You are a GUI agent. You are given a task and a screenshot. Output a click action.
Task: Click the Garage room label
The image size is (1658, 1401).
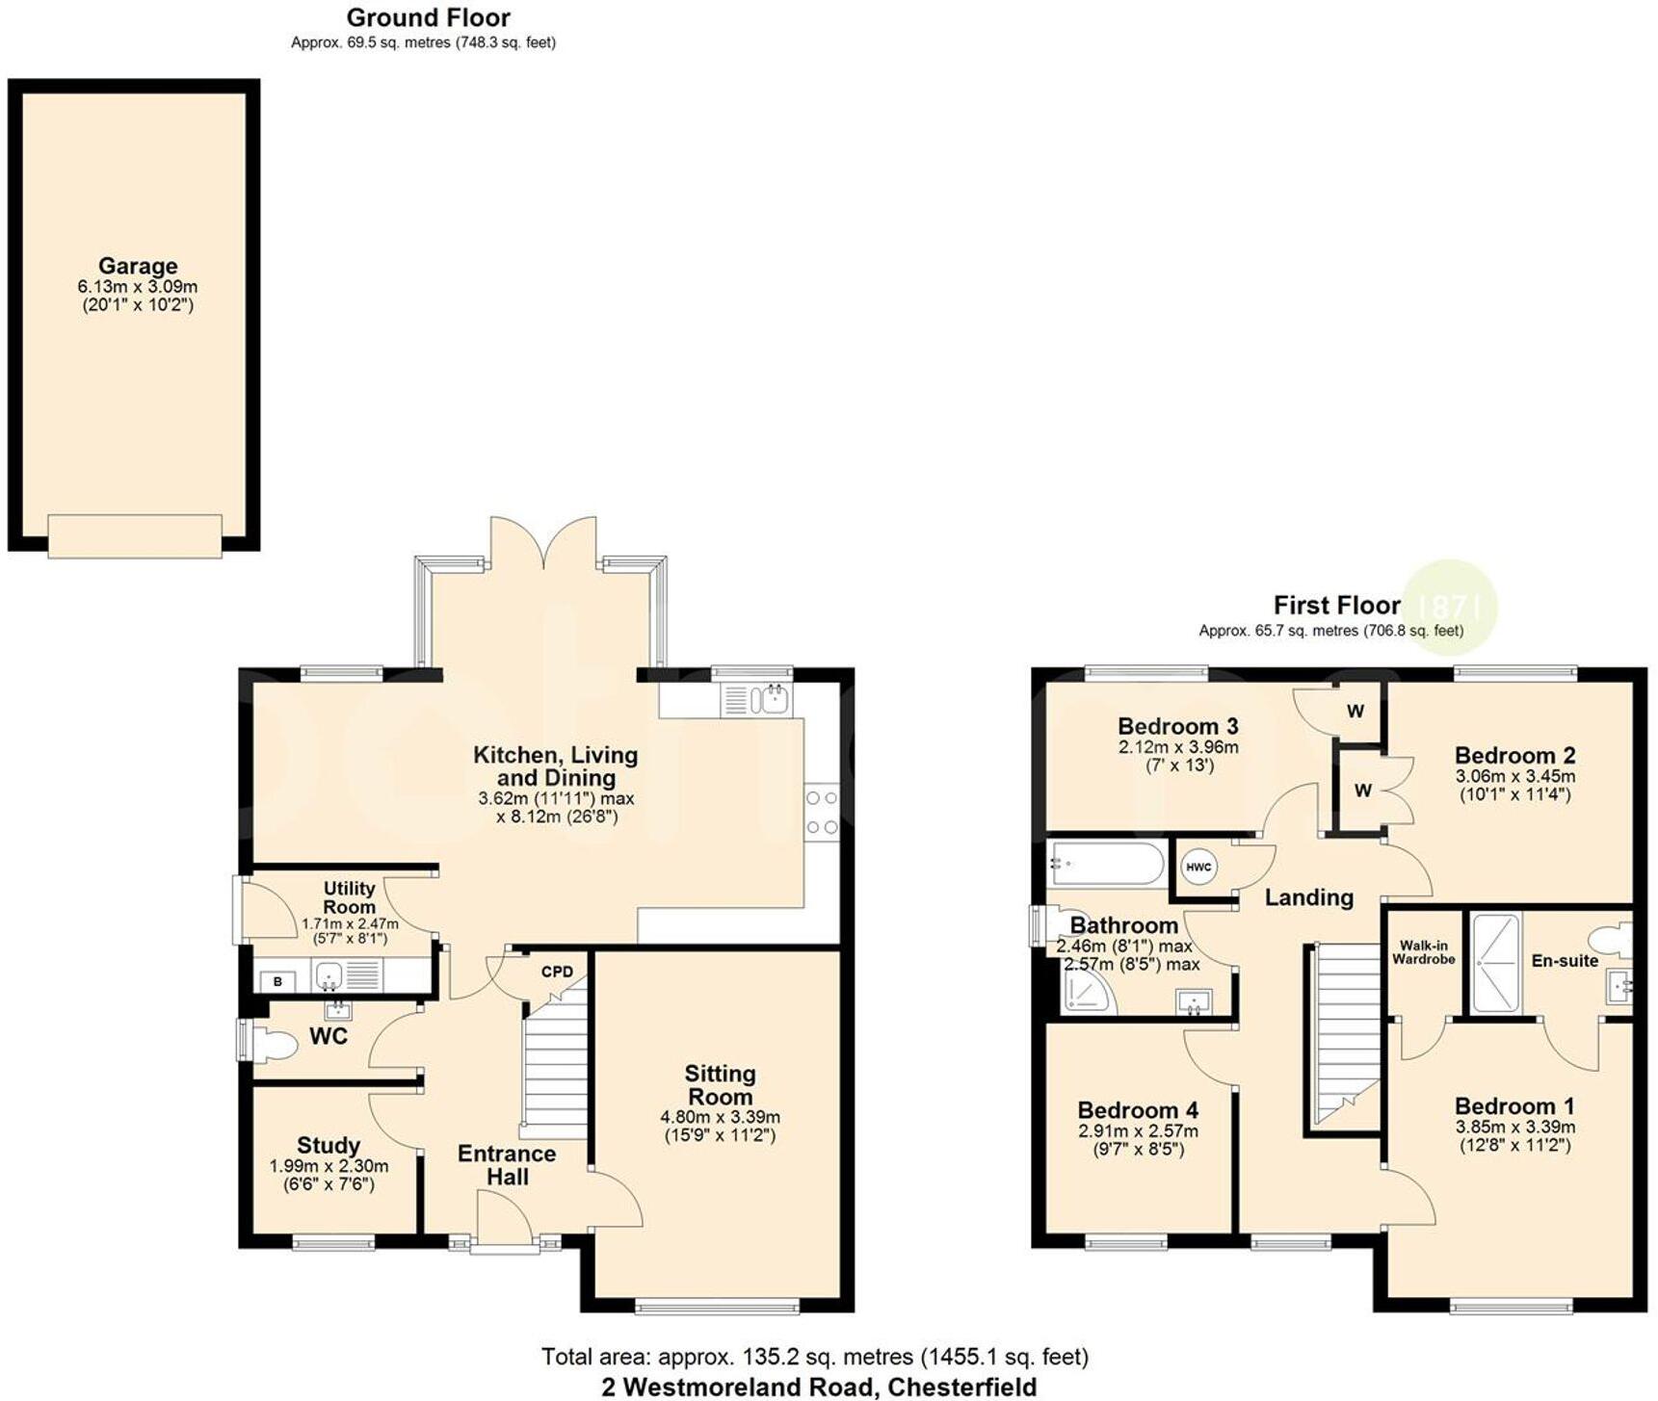[x=138, y=266]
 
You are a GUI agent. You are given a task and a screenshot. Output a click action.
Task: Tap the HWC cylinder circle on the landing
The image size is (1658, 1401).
[x=1198, y=867]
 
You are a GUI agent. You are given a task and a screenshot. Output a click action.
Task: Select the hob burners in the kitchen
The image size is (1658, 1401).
[x=822, y=813]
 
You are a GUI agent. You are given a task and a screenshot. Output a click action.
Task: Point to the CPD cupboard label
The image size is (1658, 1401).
[x=557, y=972]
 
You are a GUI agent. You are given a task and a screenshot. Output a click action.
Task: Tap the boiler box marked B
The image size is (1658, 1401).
[x=278, y=981]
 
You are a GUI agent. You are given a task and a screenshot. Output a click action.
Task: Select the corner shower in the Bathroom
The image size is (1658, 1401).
[x=1088, y=991]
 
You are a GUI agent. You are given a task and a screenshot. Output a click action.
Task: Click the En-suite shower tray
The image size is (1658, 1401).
[x=1495, y=964]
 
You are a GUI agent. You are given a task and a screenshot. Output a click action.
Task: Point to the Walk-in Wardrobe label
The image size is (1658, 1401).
[x=1423, y=952]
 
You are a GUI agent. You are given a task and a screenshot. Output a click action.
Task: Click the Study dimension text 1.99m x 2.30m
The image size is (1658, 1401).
[x=329, y=1166]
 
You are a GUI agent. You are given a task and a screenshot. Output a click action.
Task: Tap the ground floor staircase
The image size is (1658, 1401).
[x=555, y=1069]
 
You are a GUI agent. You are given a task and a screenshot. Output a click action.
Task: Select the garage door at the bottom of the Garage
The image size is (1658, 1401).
[x=135, y=535]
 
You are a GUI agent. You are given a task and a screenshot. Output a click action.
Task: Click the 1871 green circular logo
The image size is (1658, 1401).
[x=1449, y=607]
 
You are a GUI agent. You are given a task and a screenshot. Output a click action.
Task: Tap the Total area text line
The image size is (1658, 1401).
[x=814, y=1357]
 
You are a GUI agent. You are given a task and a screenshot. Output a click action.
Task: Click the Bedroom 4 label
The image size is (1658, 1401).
[x=1138, y=1110]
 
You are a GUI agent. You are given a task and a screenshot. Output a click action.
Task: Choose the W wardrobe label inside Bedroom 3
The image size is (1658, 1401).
[x=1355, y=712]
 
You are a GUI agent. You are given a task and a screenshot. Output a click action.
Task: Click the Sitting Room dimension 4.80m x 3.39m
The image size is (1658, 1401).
[x=720, y=1117]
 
